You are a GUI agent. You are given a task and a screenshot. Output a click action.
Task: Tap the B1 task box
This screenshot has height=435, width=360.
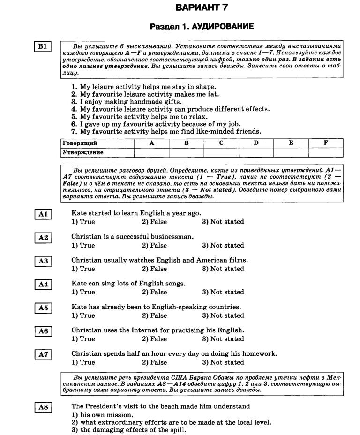[43, 46]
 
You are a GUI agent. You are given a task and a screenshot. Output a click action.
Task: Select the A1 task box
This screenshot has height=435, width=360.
[43, 214]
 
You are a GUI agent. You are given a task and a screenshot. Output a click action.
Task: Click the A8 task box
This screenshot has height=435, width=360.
[43, 407]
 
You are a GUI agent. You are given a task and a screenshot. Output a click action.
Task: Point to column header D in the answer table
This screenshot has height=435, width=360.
[256, 143]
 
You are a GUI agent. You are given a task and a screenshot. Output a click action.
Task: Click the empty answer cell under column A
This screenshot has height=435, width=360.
[151, 152]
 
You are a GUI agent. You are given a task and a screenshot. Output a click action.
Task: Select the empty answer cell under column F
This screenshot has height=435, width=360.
[326, 152]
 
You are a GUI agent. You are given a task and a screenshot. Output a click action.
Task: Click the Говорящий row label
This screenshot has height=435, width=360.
[80, 143]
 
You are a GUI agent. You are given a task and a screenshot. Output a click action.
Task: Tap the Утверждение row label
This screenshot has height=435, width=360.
[83, 152]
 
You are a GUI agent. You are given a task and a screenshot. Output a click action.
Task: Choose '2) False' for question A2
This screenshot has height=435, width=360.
[154, 245]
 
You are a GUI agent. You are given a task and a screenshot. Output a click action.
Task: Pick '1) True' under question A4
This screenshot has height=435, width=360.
[83, 292]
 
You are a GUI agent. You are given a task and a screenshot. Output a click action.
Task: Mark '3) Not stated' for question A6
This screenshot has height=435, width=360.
[223, 339]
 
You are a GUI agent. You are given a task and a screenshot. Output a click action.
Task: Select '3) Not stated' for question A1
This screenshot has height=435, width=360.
[223, 222]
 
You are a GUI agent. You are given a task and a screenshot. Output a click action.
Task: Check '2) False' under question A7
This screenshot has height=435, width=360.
[154, 362]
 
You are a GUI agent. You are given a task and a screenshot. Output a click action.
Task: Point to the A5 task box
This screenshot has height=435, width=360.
[43, 307]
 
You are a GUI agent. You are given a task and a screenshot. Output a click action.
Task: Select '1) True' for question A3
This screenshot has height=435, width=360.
[83, 269]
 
